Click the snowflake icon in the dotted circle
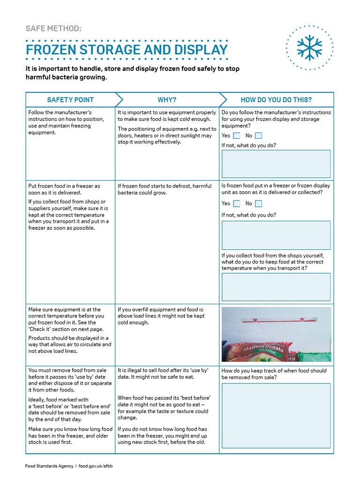[309, 47]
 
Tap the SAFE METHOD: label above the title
[53, 29]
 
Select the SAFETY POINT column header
[70, 100]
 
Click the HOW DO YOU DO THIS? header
[276, 100]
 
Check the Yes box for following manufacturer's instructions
[237, 135]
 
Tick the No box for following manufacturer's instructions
[258, 135]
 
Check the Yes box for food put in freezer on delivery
[237, 203]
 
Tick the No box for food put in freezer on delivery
[258, 203]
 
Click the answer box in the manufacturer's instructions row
[276, 164]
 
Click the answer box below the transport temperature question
[276, 286]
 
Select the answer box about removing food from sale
[276, 415]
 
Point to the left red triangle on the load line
[255, 320]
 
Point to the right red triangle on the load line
[302, 320]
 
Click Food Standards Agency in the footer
[49, 466]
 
